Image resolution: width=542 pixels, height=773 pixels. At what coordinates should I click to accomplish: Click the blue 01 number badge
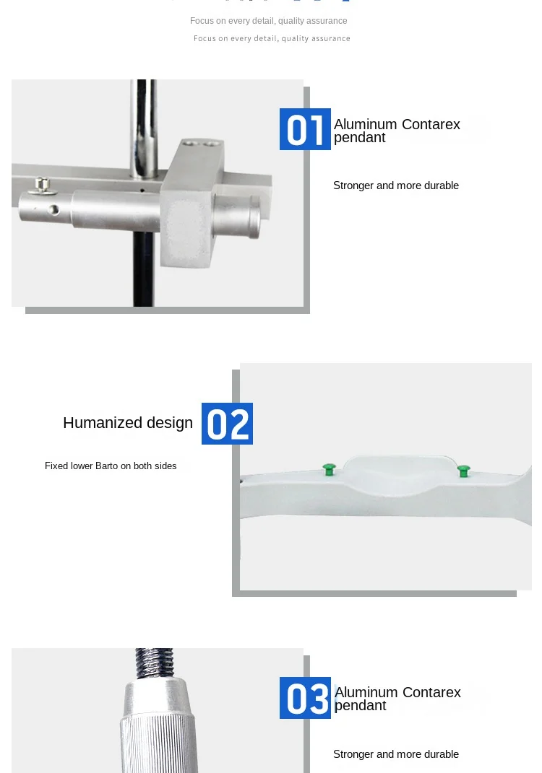click(x=305, y=129)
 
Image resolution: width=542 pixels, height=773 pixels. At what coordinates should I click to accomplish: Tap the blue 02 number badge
click(x=227, y=424)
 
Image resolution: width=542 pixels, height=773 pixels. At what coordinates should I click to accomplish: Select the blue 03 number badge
click(x=305, y=698)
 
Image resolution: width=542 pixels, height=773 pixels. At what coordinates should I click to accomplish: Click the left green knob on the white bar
click(x=329, y=470)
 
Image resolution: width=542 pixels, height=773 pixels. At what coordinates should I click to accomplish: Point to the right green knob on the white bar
click(x=463, y=471)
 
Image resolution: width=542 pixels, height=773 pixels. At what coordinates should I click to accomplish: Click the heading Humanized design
click(x=128, y=423)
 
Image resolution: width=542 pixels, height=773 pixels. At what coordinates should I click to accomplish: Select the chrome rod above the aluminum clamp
click(x=142, y=123)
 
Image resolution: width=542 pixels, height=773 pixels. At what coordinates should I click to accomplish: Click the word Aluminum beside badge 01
click(x=366, y=124)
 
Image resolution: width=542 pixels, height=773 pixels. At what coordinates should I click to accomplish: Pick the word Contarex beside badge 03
click(x=431, y=693)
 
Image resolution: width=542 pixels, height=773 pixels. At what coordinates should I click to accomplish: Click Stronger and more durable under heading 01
click(x=396, y=185)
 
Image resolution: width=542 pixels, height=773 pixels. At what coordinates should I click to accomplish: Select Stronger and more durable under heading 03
click(x=396, y=754)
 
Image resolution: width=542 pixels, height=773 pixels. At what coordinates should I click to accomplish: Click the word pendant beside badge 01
click(x=359, y=138)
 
